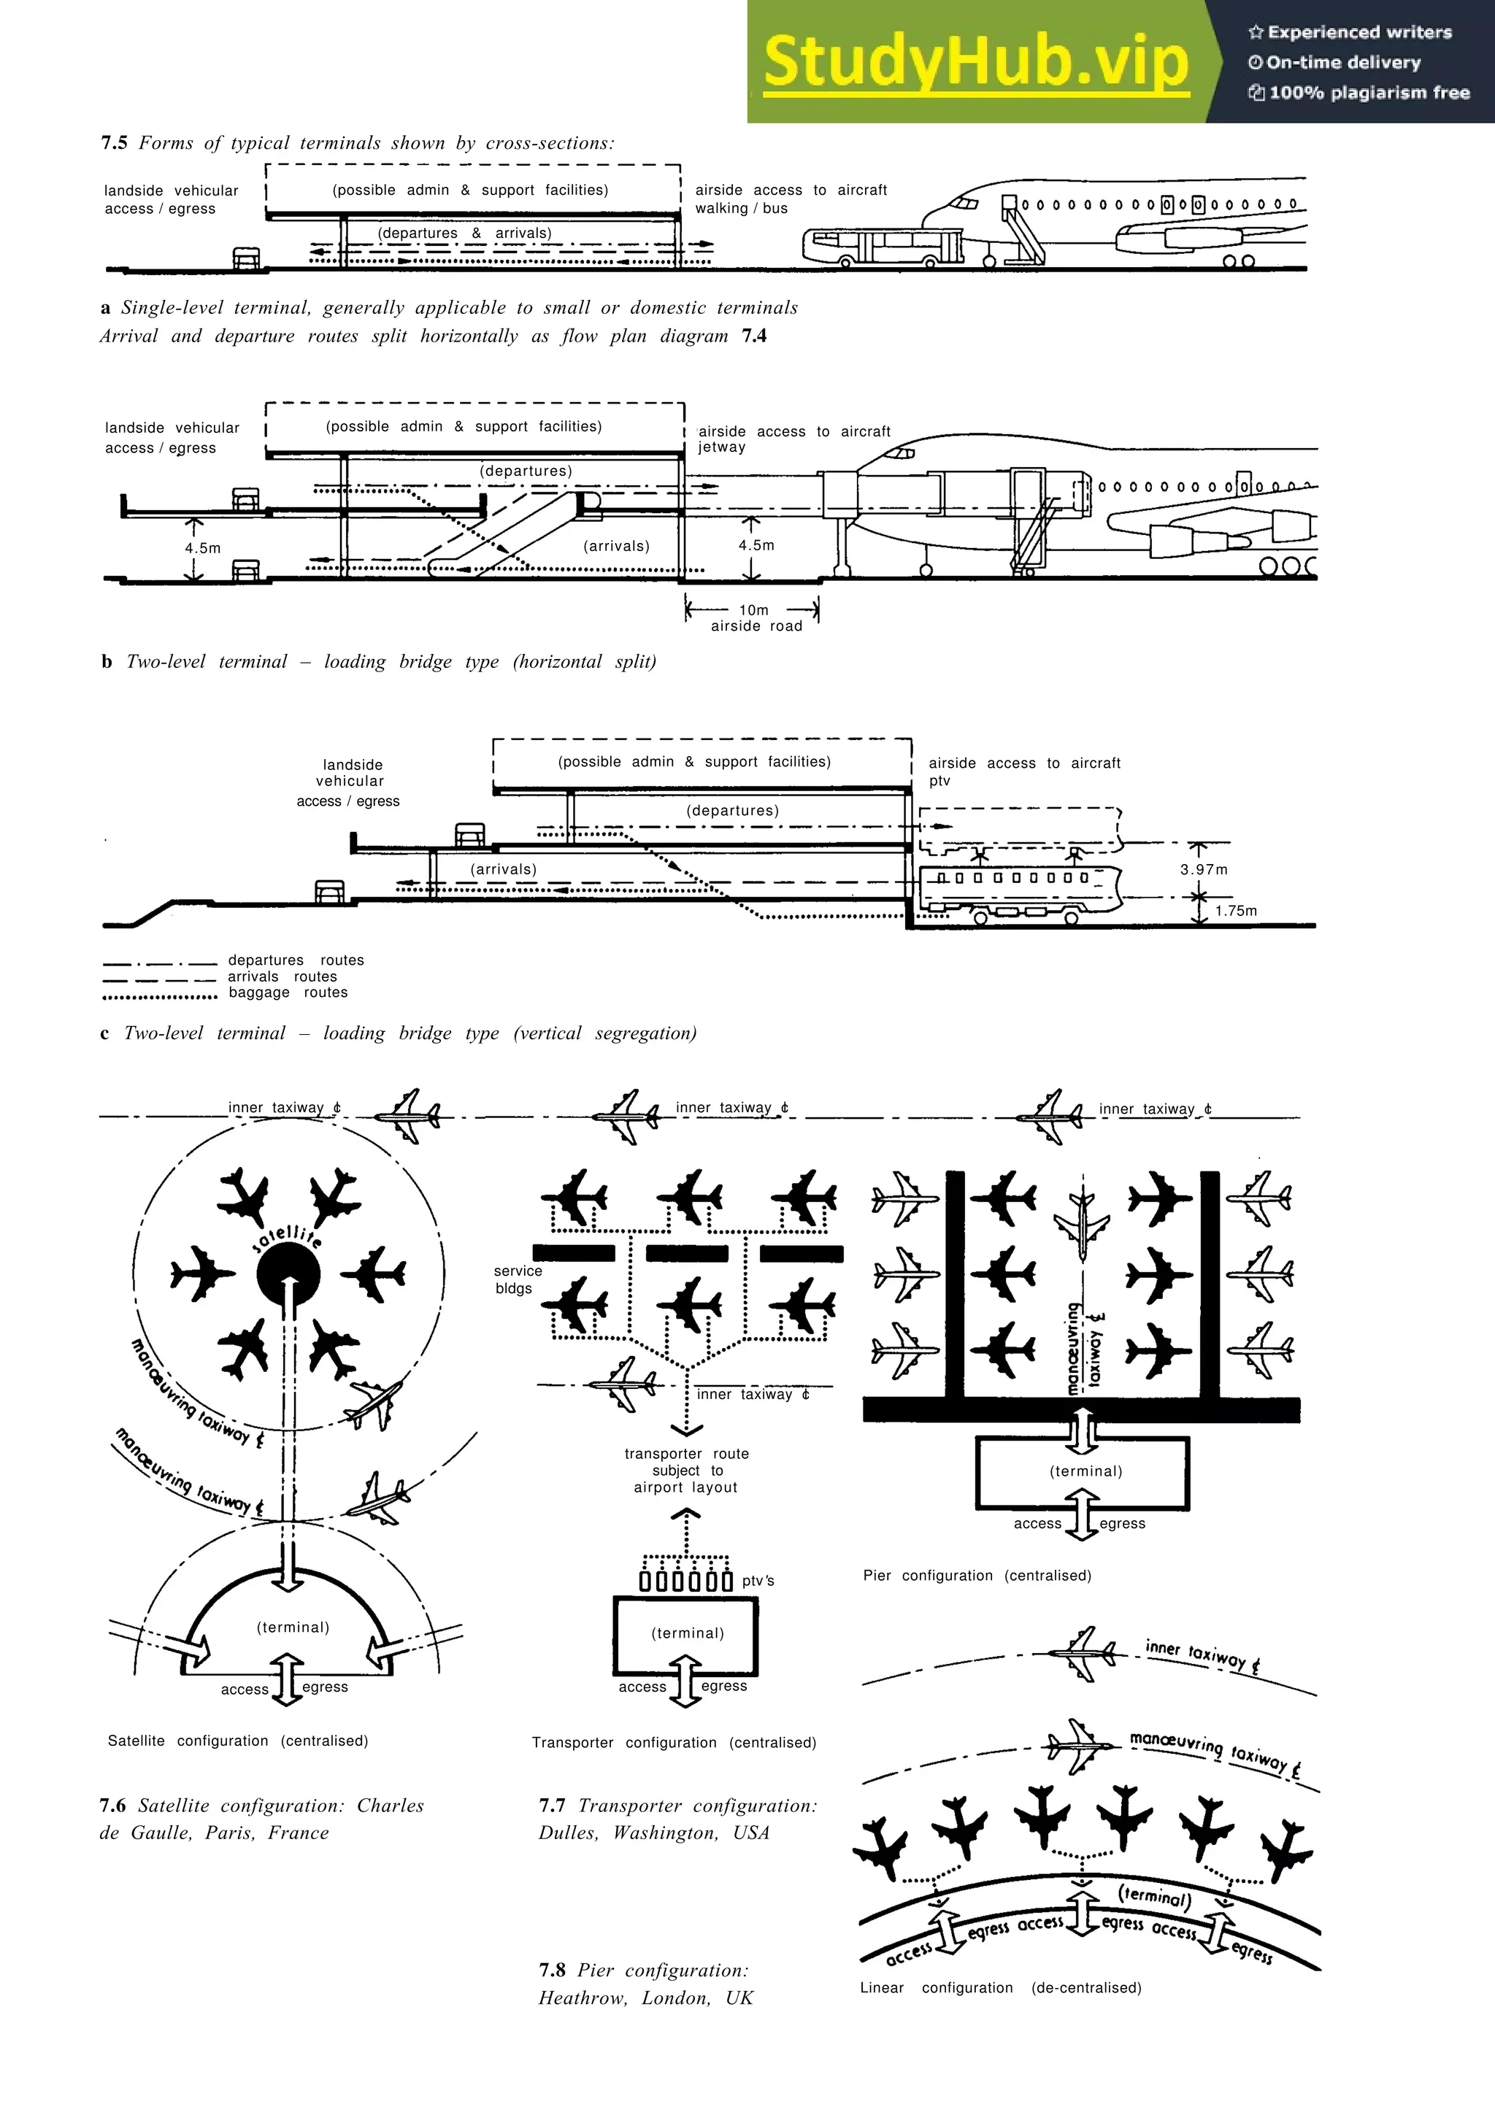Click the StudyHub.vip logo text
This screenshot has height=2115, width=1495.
[x=975, y=62]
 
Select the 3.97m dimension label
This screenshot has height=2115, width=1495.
[x=1204, y=870]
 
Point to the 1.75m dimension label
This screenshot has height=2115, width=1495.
[x=1235, y=910]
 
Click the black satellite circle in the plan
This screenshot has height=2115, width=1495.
[x=288, y=1275]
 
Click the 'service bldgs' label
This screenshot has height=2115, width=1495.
[x=517, y=1279]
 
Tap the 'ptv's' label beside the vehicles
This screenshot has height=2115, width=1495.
[x=757, y=1581]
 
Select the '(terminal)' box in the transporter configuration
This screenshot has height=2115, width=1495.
[x=686, y=1635]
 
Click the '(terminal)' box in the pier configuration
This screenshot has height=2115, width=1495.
[x=1083, y=1473]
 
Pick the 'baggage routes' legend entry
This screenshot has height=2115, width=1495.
[x=288, y=993]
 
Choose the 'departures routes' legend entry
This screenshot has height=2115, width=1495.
[x=295, y=960]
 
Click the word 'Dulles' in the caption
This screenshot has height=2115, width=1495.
[x=567, y=1833]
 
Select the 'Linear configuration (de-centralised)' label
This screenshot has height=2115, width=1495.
[x=1000, y=1988]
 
